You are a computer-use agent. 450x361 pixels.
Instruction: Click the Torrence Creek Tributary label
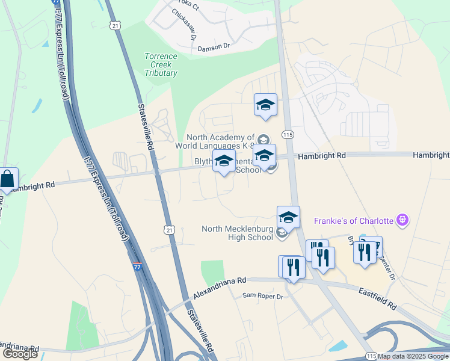(161, 64)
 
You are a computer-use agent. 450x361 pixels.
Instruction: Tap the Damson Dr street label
(214, 46)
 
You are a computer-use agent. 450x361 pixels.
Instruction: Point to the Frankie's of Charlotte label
(353, 221)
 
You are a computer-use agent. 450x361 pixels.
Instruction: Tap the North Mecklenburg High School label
(238, 233)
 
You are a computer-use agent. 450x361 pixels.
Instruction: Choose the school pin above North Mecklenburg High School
(288, 218)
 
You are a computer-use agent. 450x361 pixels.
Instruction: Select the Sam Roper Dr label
(262, 295)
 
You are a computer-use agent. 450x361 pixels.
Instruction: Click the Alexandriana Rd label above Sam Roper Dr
(220, 289)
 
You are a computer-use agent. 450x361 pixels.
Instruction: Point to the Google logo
(20, 354)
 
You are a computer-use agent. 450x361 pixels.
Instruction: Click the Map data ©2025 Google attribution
(413, 356)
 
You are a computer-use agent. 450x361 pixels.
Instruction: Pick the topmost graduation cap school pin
(265, 105)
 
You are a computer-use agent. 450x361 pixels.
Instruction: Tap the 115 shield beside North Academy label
(288, 135)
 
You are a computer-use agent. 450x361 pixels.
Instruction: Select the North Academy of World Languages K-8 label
(221, 141)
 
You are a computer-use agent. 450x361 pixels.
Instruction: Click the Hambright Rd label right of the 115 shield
(325, 155)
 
